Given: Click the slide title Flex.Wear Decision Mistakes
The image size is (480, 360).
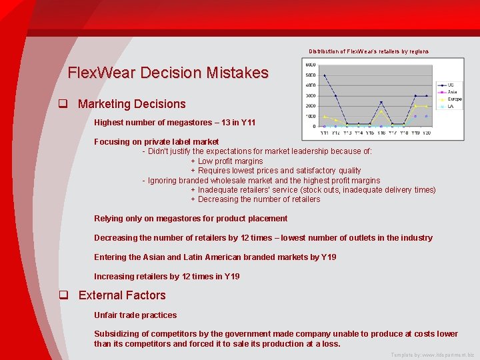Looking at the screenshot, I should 168,73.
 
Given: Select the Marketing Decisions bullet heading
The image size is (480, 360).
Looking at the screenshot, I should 131,104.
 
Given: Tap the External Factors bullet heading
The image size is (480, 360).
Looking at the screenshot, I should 122,295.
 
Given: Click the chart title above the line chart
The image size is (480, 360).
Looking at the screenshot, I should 369,51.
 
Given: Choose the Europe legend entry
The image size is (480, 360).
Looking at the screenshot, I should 454,99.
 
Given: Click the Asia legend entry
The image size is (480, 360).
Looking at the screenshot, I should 452,92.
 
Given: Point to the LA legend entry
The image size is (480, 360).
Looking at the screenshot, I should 451,107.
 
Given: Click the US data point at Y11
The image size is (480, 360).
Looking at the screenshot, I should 325,75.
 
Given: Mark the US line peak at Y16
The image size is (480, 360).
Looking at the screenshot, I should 381,102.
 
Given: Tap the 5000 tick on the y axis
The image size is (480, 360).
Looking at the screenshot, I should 311,75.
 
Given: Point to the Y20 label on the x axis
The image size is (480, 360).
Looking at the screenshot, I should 427,133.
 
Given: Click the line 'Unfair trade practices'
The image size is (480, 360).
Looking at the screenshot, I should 135,315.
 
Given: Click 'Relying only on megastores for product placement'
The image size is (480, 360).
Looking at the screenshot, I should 191,219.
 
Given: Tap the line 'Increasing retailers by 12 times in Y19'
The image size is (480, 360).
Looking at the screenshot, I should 167,277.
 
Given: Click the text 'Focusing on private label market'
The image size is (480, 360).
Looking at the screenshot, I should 156,142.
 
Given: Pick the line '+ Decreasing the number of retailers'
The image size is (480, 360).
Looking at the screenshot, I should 255,199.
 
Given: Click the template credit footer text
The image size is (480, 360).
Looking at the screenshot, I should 433,355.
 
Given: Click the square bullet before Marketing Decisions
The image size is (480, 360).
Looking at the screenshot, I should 63,104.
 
